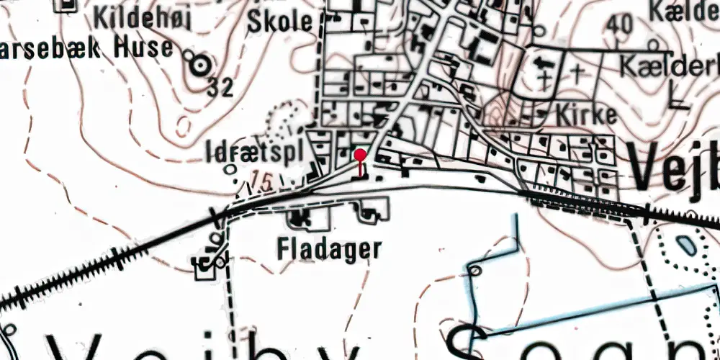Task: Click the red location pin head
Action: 360,153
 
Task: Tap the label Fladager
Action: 329,249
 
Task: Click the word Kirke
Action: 587,115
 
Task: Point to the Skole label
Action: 280,22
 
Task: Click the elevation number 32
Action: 221,88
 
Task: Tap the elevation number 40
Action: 619,24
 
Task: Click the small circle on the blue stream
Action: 474,270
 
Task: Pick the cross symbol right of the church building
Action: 578,72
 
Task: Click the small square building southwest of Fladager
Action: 205,269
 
